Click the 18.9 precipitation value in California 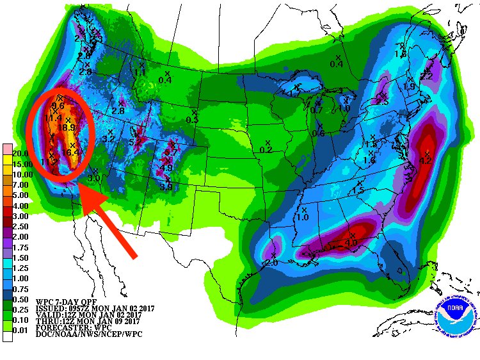tap(67, 128)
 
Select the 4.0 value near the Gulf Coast tap(351, 243)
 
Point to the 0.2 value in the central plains tap(266, 150)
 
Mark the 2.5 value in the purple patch tap(382, 102)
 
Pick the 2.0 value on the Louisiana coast tap(271, 263)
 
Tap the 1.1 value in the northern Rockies tap(140, 72)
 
